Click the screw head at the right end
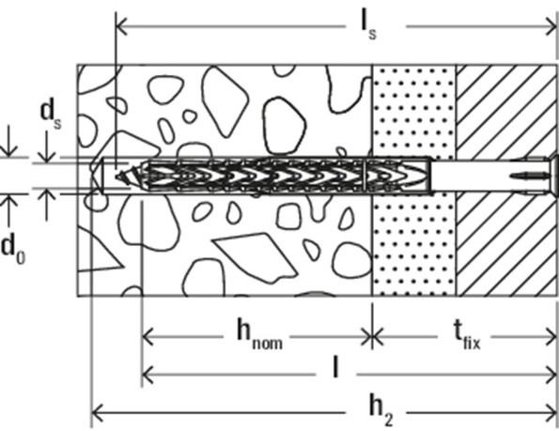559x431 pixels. click(552, 175)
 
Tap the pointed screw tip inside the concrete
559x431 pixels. click(116, 175)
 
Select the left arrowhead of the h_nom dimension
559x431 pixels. click(147, 332)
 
